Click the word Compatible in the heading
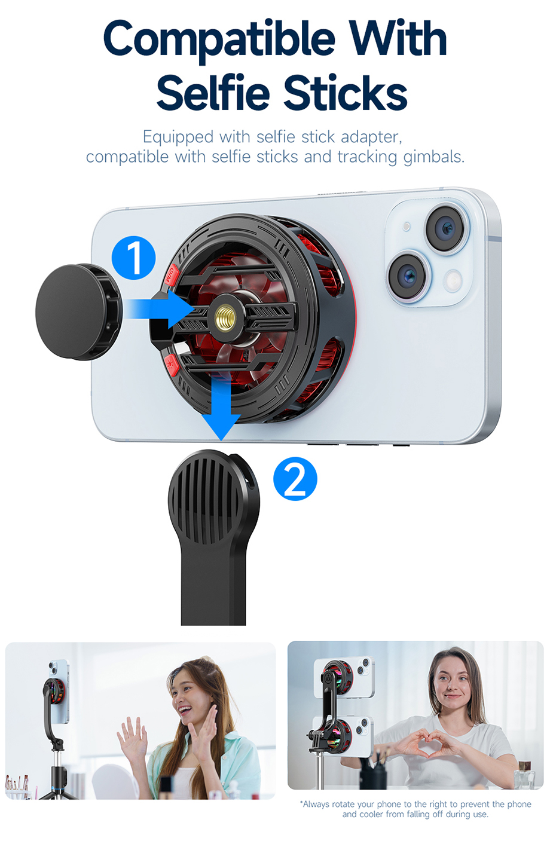220,39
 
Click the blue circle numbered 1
134,258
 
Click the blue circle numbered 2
295,479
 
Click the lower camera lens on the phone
408,276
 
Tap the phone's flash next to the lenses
453,279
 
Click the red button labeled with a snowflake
170,363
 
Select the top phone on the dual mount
346,677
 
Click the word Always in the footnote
316,805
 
